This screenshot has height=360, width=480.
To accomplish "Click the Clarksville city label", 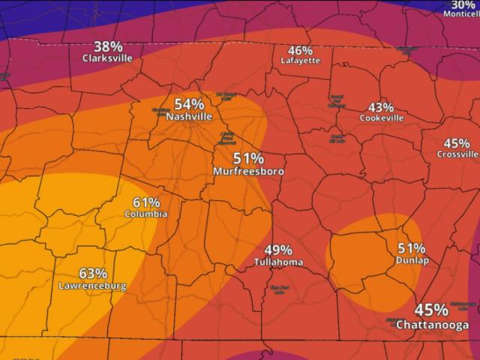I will [x=108, y=57].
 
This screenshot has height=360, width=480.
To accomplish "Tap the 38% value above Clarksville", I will [x=108, y=46].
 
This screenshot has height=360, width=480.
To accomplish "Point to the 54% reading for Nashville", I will [x=189, y=105].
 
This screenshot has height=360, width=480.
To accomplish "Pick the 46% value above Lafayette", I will [x=301, y=50].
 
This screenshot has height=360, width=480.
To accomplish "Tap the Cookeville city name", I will [x=382, y=118].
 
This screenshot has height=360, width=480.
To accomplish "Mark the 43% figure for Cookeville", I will [x=382, y=107].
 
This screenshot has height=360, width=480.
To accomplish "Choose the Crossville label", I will [x=457, y=154].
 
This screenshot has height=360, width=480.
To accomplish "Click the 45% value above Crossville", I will [x=457, y=143].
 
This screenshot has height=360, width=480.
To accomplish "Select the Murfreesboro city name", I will [x=248, y=172].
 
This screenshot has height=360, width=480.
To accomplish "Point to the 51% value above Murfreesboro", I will [x=248, y=159].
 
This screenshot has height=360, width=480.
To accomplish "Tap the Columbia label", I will [x=146, y=214].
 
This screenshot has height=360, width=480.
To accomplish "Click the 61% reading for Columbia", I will [x=146, y=202].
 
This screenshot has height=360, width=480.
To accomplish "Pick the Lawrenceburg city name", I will [x=92, y=286].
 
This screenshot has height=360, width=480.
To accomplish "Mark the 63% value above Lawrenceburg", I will [x=92, y=274].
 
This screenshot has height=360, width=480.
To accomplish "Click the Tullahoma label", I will [x=278, y=262].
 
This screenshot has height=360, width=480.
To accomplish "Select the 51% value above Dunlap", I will [x=412, y=248].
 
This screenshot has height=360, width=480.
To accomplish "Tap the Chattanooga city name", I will [x=432, y=325].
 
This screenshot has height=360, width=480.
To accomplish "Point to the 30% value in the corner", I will [x=463, y=4].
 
